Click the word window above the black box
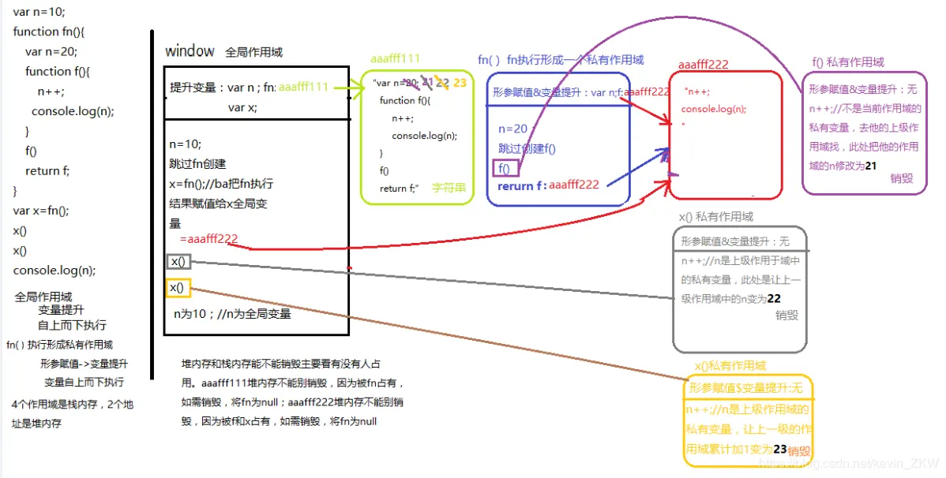coord(190,51)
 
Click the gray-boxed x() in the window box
coord(178,262)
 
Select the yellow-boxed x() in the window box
coord(178,288)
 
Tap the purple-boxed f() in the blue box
coord(505,168)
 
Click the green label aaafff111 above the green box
coord(395,58)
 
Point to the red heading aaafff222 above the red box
coord(703,65)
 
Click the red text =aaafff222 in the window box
coord(208,239)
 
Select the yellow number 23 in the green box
coord(460,82)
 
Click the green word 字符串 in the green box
coord(449,189)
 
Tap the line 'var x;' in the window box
coord(242,107)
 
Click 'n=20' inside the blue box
coord(512,129)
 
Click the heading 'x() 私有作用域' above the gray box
coord(715,216)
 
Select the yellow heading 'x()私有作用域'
coord(730,366)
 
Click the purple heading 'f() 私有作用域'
coord(848,62)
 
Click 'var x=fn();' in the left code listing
coord(41,211)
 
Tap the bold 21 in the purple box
coord(871,166)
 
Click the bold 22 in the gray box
coord(774,299)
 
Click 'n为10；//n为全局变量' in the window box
coord(232,314)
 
